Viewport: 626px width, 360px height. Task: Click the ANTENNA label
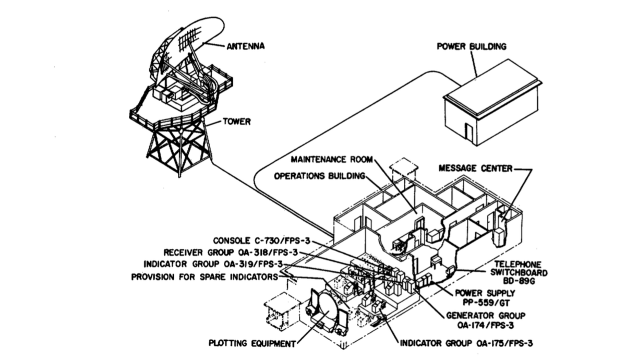pos(245,46)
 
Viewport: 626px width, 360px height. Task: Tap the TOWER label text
pos(237,122)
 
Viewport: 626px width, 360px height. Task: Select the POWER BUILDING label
pos(471,46)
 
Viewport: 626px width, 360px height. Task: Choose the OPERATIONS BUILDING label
pos(319,176)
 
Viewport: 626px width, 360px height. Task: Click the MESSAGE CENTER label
pos(475,168)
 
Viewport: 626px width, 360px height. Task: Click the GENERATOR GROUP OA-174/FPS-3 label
pos(486,320)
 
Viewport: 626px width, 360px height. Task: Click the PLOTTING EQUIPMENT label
pos(252,343)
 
